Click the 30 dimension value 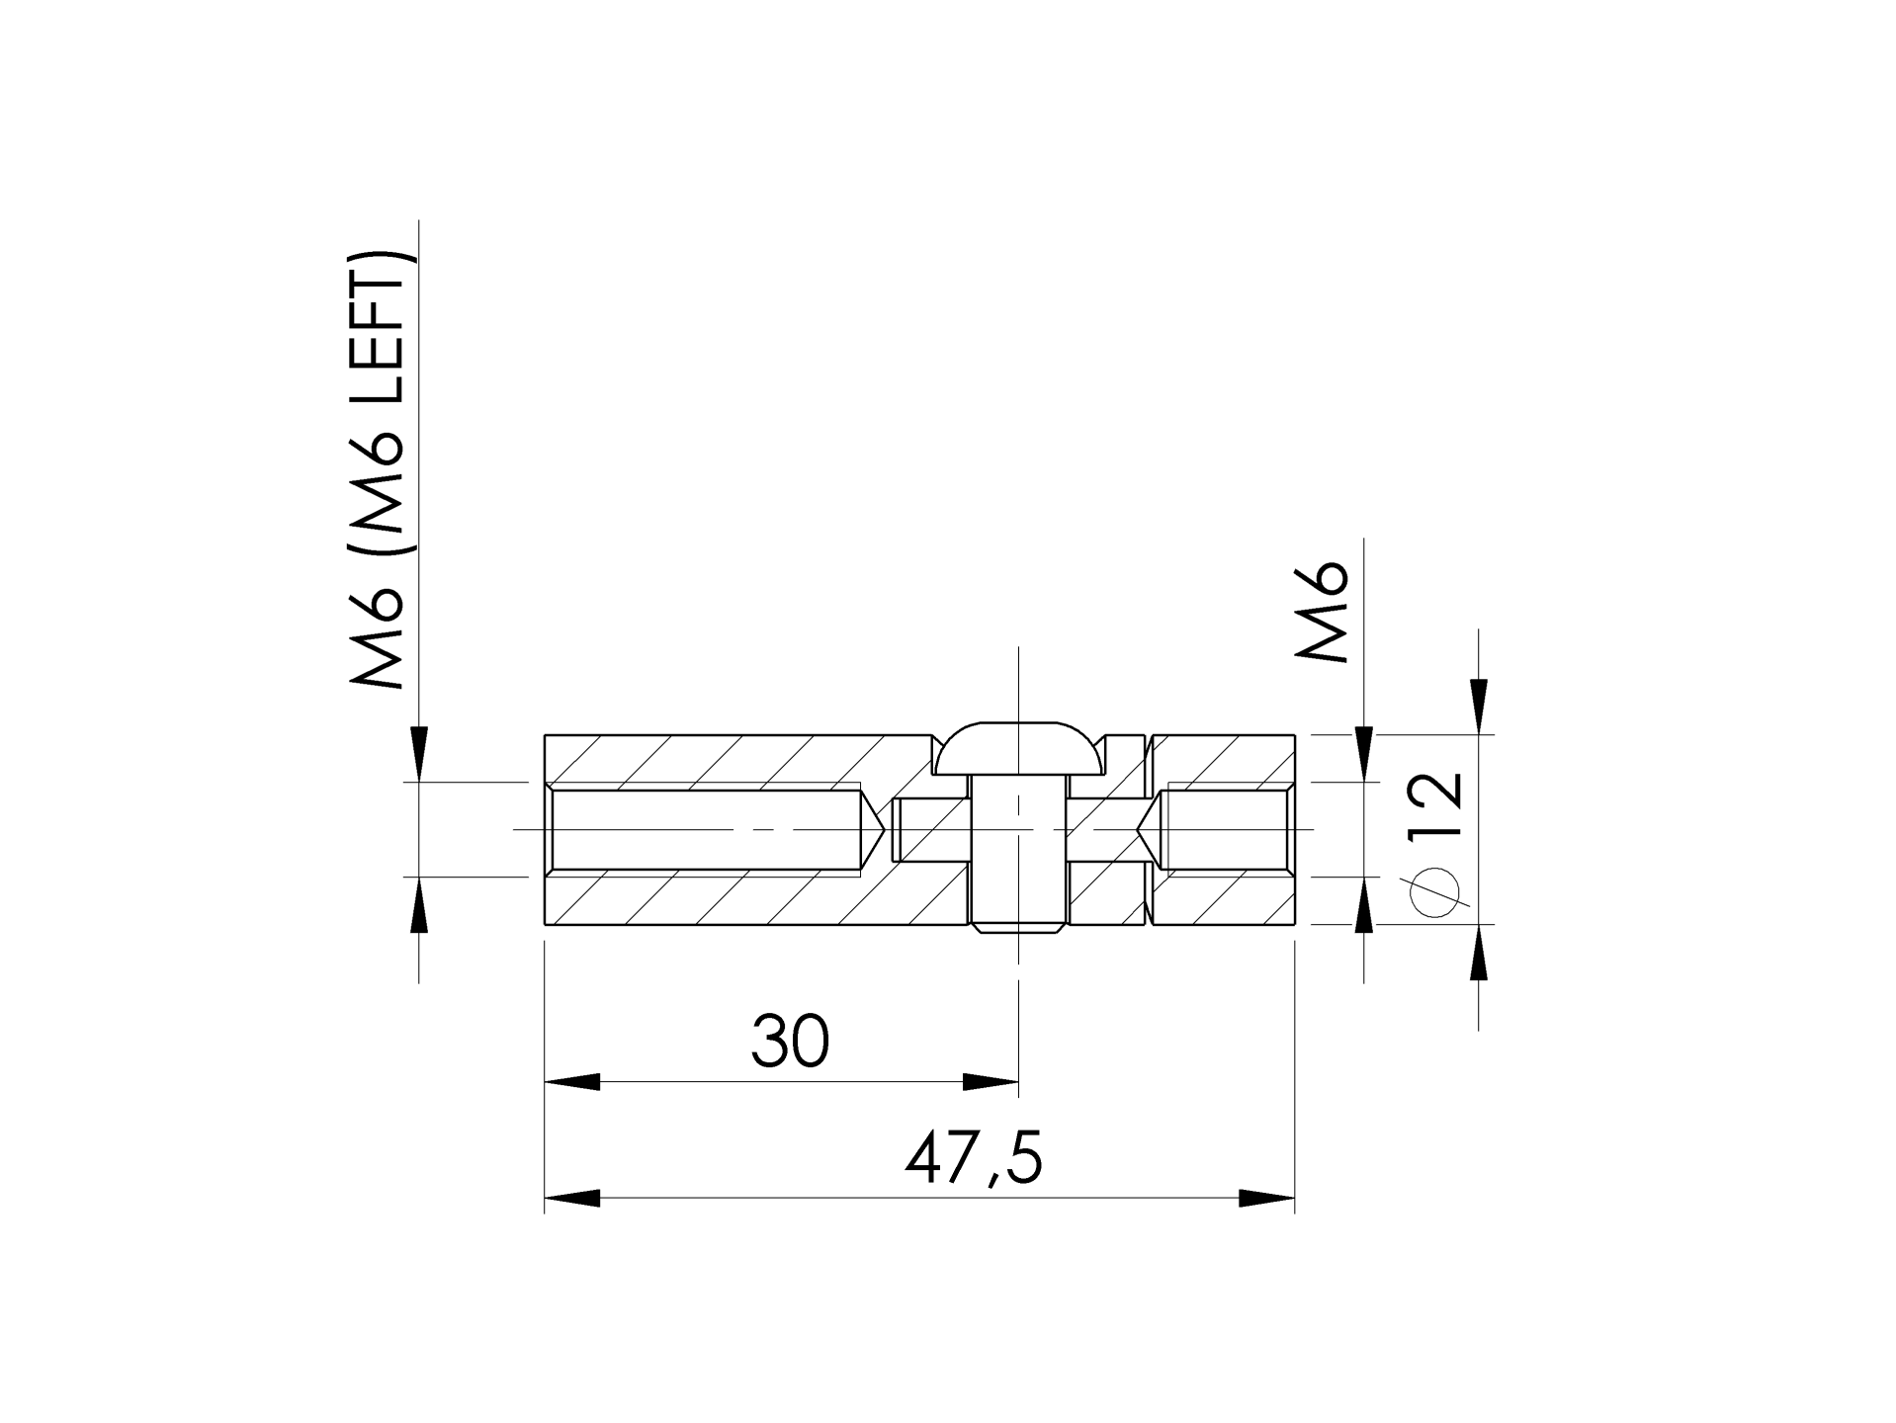pos(789,1042)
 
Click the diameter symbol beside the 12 pos(1435,893)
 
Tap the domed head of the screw pos(1017,748)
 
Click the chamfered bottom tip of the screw pos(1017,929)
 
